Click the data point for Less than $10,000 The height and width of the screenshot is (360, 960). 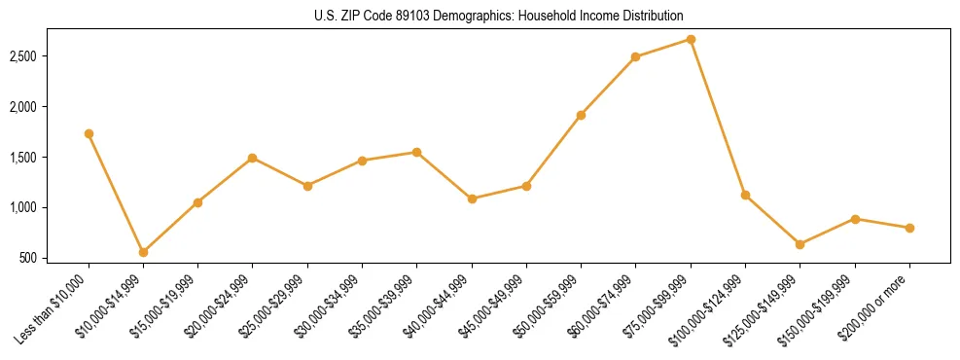click(89, 133)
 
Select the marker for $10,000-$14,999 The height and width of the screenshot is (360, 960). click(143, 252)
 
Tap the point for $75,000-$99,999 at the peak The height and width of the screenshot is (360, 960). click(691, 39)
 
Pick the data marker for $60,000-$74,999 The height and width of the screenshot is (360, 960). click(635, 56)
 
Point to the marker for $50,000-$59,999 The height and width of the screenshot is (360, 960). click(581, 115)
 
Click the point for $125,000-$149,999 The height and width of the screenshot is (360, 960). click(800, 244)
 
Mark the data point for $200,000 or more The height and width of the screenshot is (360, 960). click(909, 228)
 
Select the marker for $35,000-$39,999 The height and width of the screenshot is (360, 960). click(416, 152)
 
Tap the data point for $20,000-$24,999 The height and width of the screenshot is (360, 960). click(252, 158)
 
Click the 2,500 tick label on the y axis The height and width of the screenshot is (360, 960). click(48, 56)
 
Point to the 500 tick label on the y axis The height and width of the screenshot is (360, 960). click(54, 258)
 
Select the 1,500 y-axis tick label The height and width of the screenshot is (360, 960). click(48, 158)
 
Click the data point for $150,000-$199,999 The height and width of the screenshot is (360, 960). click(855, 219)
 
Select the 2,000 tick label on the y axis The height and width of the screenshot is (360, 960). click(48, 107)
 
